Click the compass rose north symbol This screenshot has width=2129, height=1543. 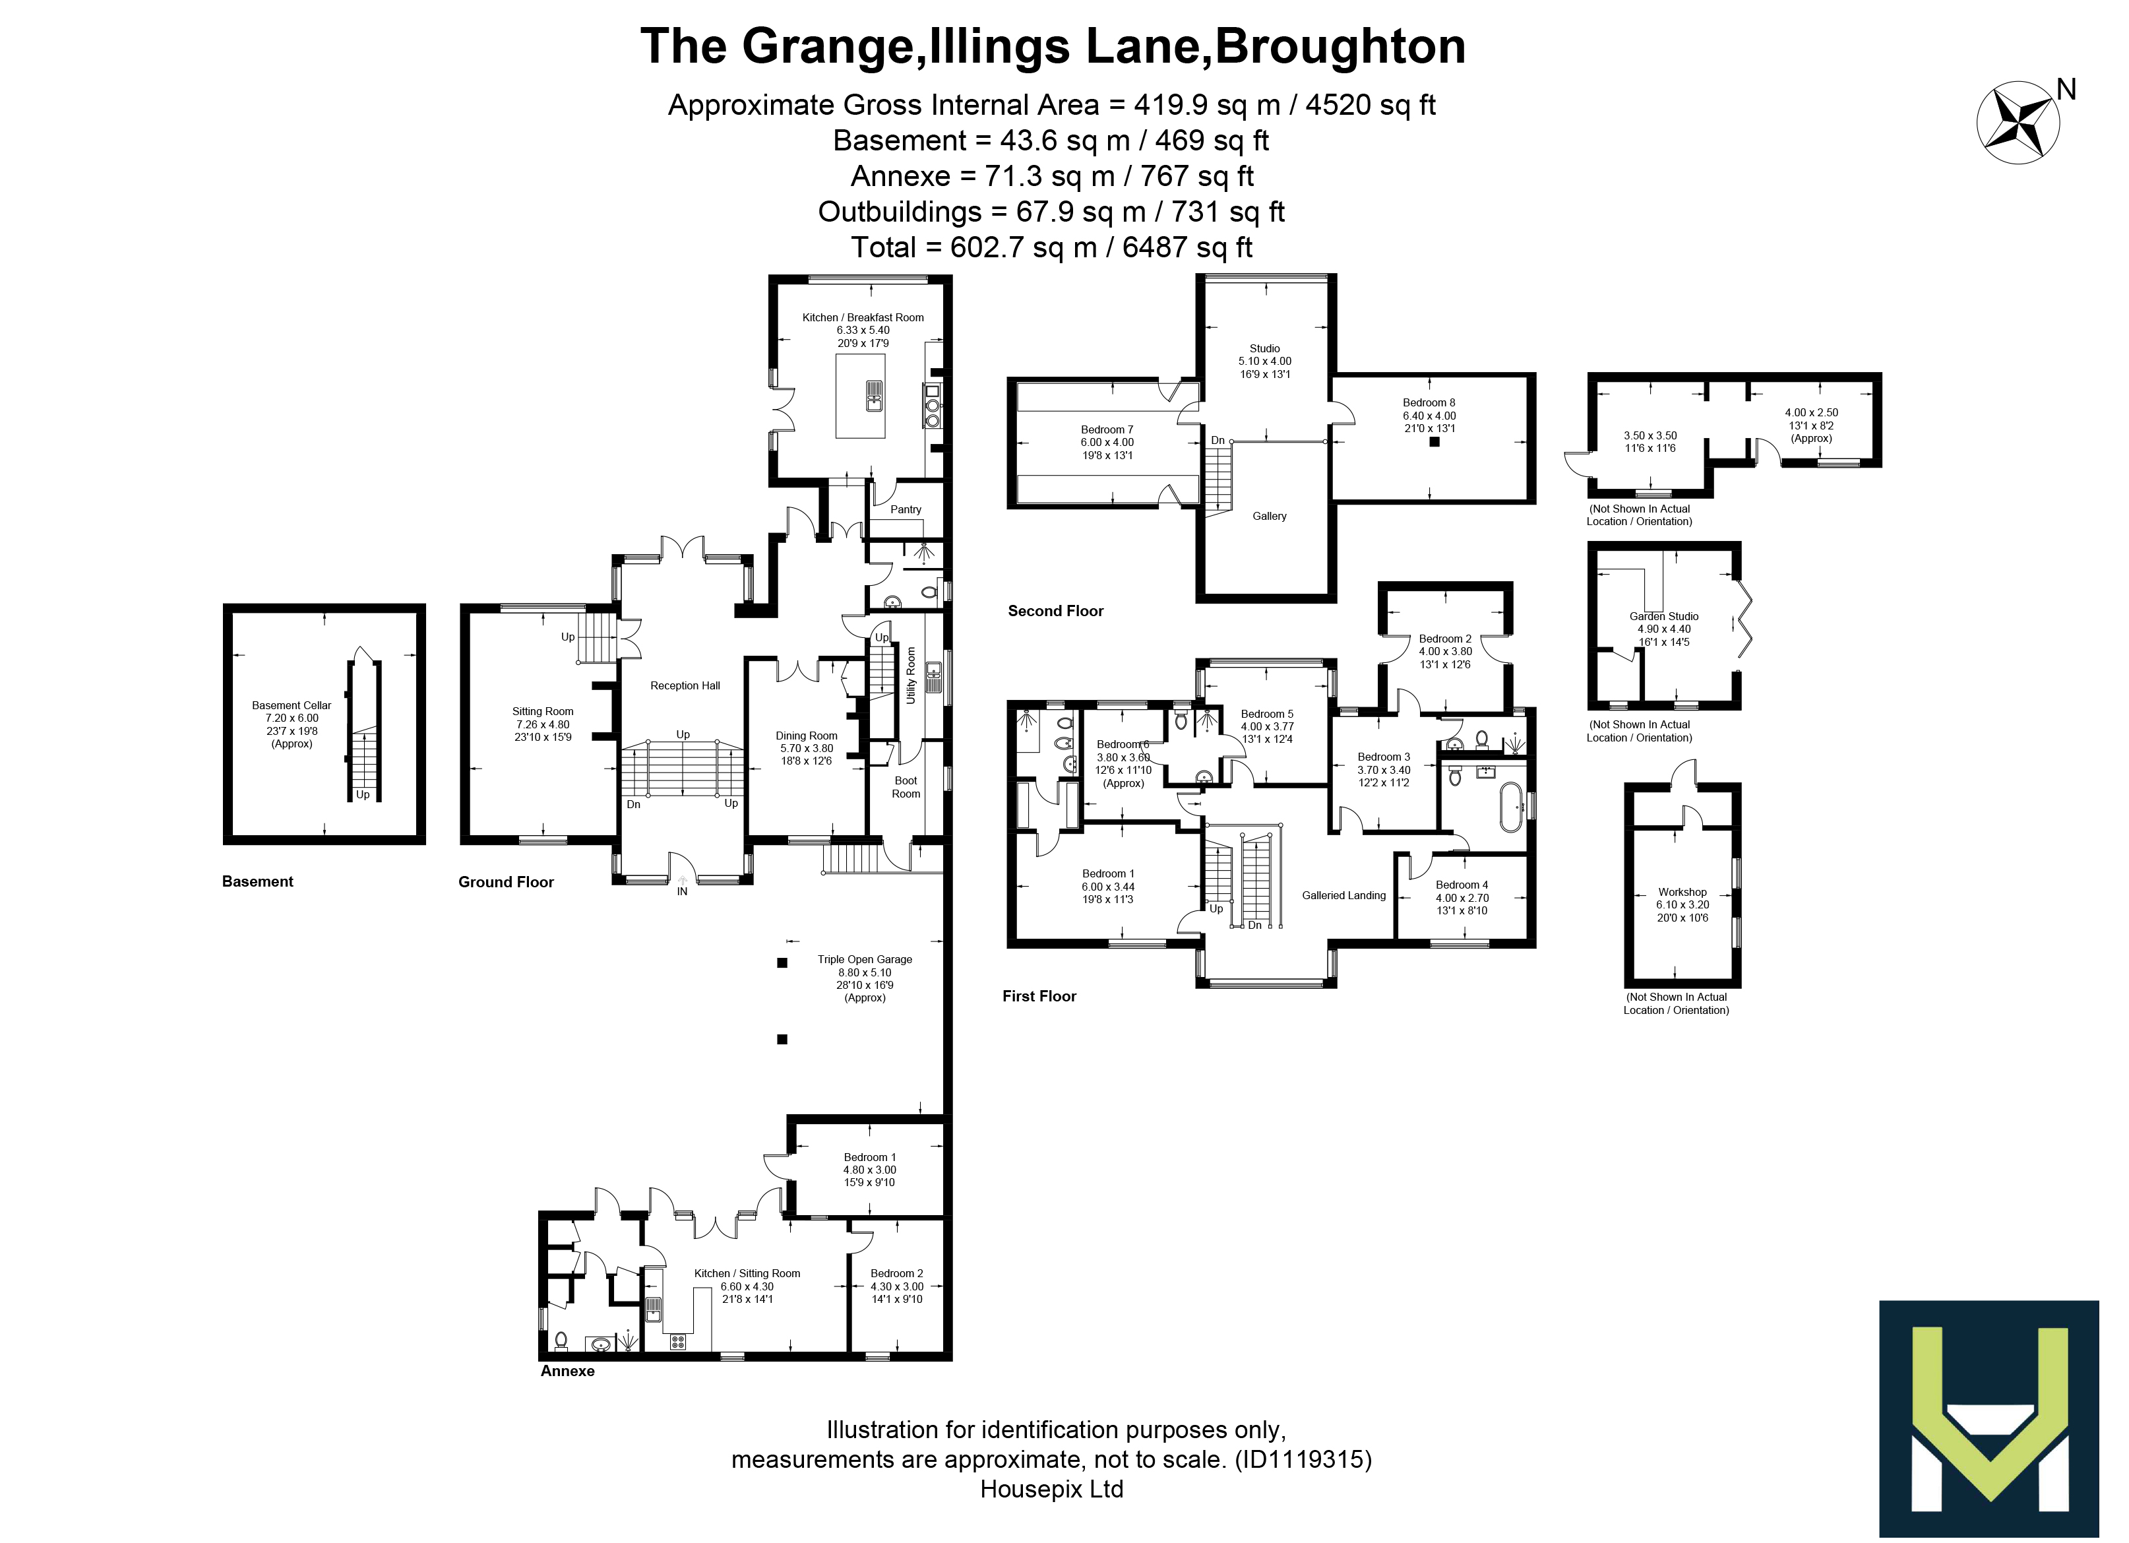tap(2018, 123)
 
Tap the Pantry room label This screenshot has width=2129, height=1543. tap(905, 510)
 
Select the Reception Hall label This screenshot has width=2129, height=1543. tap(685, 685)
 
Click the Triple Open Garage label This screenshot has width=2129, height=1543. tap(865, 960)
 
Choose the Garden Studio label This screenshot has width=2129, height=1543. tap(1663, 617)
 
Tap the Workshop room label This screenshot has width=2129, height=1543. tap(1682, 892)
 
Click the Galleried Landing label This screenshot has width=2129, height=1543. tap(1343, 896)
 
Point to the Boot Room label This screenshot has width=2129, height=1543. tap(906, 787)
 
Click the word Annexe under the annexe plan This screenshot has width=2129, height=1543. tap(567, 1371)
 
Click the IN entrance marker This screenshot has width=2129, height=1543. tap(683, 891)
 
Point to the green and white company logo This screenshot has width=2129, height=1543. tap(1989, 1418)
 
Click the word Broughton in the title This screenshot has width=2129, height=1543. tap(1340, 47)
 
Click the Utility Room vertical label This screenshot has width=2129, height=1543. tap(910, 674)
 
